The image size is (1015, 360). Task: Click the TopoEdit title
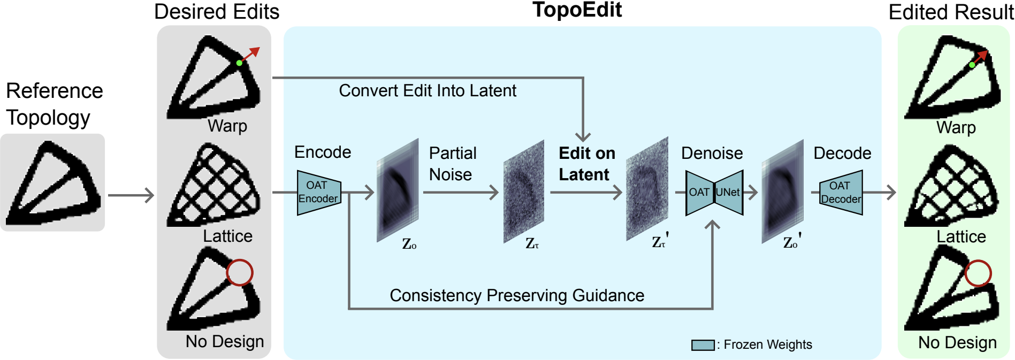577,10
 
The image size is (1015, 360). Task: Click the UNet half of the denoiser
729,193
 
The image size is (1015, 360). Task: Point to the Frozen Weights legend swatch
703,345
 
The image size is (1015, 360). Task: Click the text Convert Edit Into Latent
428,91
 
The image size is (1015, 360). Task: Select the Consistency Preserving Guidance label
516,295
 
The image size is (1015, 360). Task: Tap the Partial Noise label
452,164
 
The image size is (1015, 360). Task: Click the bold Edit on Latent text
586,164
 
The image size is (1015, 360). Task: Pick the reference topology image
52,183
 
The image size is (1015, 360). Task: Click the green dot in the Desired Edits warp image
239,63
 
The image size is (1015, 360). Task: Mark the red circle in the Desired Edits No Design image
239,273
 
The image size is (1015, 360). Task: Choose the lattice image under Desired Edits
214,185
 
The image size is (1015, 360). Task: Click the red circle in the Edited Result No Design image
978,273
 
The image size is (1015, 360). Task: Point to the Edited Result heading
951,12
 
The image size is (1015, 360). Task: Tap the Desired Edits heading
217,12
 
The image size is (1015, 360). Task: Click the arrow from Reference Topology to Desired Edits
131,195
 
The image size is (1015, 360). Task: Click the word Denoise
712,154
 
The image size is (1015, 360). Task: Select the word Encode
323,152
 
